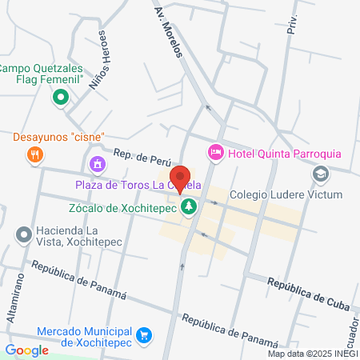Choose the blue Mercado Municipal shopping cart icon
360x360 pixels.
pos(144,334)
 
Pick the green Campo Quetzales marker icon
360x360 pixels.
pos(60,98)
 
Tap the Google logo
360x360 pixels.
pos(26,350)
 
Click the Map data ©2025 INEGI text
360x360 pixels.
pos(311,354)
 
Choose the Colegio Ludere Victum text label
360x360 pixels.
pos(286,194)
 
